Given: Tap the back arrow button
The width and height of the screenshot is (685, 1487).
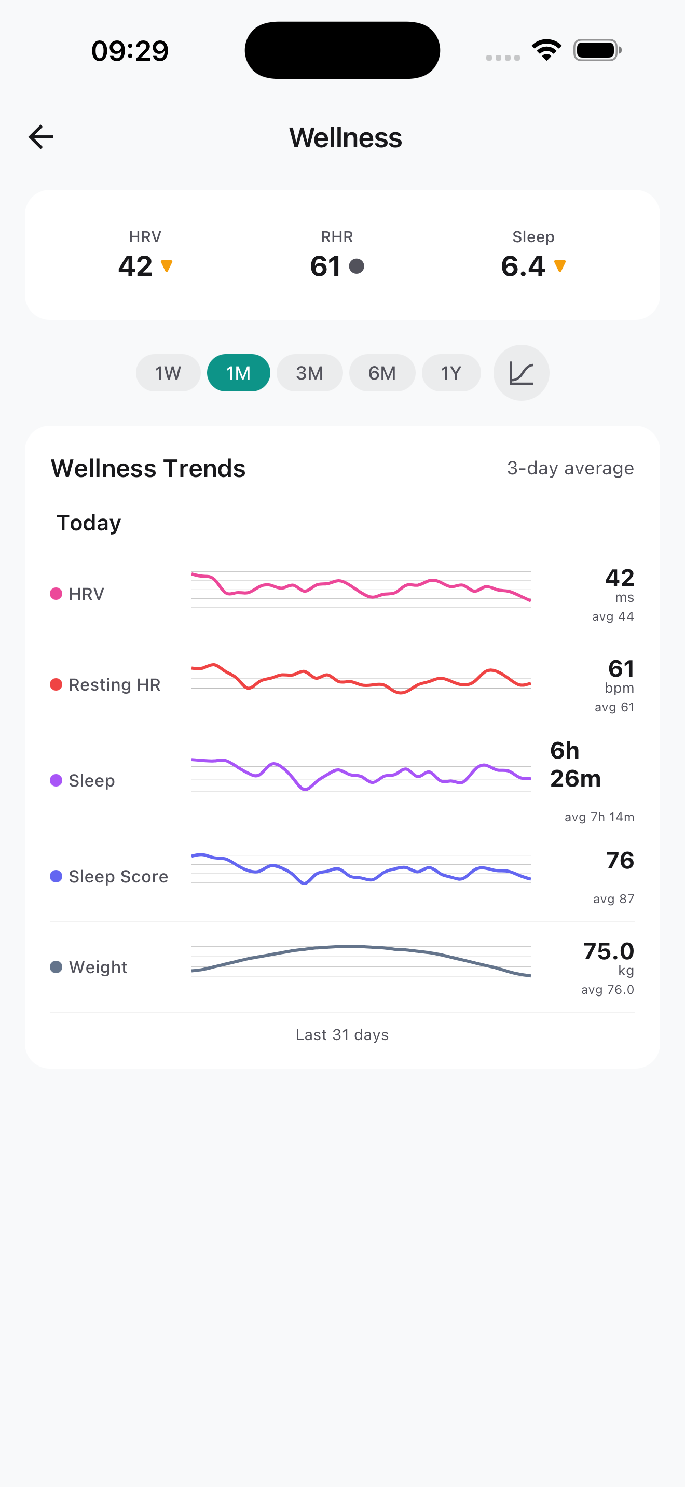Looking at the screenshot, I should click(x=41, y=137).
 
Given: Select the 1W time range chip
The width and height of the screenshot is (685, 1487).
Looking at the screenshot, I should click(x=168, y=373).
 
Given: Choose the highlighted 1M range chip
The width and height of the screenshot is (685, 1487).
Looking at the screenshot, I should click(x=238, y=373).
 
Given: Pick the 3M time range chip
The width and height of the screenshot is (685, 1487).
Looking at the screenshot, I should click(x=310, y=373).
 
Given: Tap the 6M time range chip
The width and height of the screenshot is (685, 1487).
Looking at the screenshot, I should click(x=382, y=373).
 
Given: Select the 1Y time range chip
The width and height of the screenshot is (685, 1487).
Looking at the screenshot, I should click(x=451, y=373).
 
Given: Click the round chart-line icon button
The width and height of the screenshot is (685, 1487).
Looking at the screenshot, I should click(x=521, y=373).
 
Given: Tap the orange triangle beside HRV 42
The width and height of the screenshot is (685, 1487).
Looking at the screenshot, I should click(x=167, y=266).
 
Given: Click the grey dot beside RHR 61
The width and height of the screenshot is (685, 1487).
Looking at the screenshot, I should click(x=357, y=266).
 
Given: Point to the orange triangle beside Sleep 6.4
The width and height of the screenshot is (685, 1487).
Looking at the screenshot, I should click(x=559, y=266).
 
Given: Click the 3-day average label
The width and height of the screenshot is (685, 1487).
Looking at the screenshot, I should click(x=570, y=468).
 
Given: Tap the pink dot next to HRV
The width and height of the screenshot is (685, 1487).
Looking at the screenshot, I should click(x=56, y=594).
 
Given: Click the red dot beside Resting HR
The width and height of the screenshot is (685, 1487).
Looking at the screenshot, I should click(x=56, y=684).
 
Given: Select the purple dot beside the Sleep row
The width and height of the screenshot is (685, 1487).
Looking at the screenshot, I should click(x=56, y=780).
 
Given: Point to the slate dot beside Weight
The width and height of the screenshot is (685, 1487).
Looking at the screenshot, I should click(x=56, y=967).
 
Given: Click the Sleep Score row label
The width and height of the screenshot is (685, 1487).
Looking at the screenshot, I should click(x=118, y=876).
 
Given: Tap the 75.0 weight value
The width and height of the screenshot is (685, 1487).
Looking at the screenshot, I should click(x=608, y=951).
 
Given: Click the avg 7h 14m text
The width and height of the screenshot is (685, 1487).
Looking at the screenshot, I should click(x=599, y=817).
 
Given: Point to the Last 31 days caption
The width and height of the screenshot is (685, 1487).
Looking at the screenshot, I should click(x=342, y=1034).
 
